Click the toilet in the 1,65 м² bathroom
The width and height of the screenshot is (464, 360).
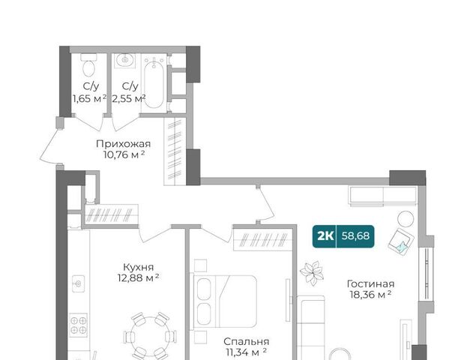88,65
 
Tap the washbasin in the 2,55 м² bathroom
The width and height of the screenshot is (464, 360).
124,61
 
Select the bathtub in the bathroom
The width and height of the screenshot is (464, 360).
154,82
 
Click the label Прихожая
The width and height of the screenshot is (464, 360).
124,144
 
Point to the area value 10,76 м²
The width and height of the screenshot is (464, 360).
124,154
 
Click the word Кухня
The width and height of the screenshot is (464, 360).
139,267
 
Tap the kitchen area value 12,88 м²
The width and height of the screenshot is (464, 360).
138,277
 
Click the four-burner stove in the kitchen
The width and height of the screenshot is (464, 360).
79,325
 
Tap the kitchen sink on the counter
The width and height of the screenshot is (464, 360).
79,283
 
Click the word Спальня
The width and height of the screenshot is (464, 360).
246,342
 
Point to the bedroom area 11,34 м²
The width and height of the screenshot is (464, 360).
247,352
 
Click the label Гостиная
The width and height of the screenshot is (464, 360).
370,284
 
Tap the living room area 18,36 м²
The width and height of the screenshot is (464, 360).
371,295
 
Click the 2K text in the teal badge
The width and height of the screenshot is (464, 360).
325,236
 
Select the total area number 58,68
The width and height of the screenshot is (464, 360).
355,236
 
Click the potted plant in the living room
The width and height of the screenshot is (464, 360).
312,273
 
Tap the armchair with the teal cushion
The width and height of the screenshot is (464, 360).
401,241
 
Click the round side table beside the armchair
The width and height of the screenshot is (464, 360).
406,219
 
